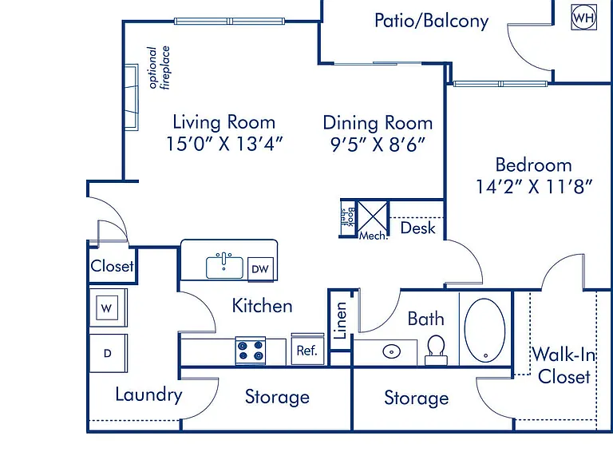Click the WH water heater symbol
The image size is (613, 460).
[x=583, y=18]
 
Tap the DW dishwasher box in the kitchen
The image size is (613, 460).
[x=260, y=268]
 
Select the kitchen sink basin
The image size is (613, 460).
[x=224, y=268]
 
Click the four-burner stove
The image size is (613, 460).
[x=251, y=351]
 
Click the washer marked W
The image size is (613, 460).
[x=107, y=307]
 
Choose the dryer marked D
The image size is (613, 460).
[x=108, y=353]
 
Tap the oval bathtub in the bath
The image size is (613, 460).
[x=484, y=331]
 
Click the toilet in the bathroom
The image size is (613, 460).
[x=436, y=350]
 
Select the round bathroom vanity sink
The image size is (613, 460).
[x=391, y=351]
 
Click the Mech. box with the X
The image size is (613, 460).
[x=373, y=220]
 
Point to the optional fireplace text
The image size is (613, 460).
[x=159, y=68]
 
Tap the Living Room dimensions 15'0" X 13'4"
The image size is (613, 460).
[x=224, y=144]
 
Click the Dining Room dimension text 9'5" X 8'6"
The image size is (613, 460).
[x=378, y=145]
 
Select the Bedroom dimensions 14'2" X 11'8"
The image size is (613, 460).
[x=534, y=186]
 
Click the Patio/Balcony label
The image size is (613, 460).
[x=432, y=20]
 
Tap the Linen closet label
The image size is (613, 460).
[x=341, y=320]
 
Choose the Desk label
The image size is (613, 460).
[x=418, y=228]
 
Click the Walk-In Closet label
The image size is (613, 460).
[x=564, y=365]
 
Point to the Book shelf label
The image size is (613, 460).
[x=347, y=217]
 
